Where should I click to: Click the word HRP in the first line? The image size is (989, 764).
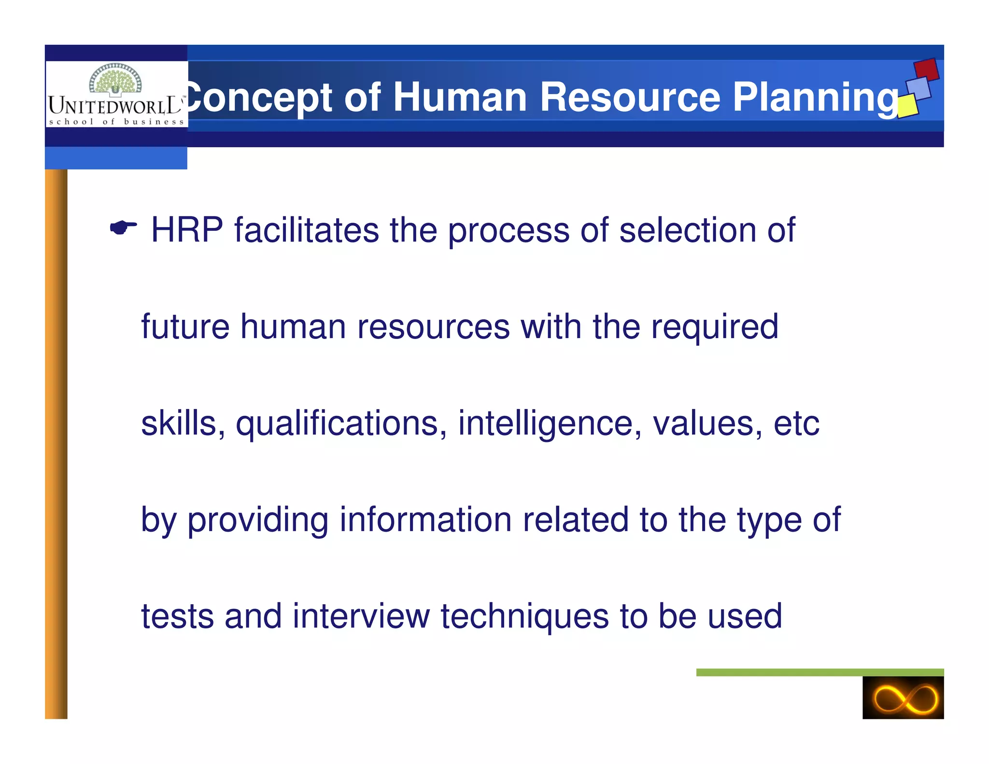tap(187, 230)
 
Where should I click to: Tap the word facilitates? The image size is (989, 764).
tap(307, 230)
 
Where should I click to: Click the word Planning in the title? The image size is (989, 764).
tap(816, 98)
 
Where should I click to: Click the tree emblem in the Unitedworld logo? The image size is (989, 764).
tap(115, 79)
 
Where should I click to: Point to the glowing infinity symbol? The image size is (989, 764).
tap(903, 698)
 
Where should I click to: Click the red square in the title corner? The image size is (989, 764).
tap(926, 70)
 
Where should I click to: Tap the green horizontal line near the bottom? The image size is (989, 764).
tap(819, 672)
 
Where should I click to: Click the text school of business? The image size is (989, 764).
tap(116, 122)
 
